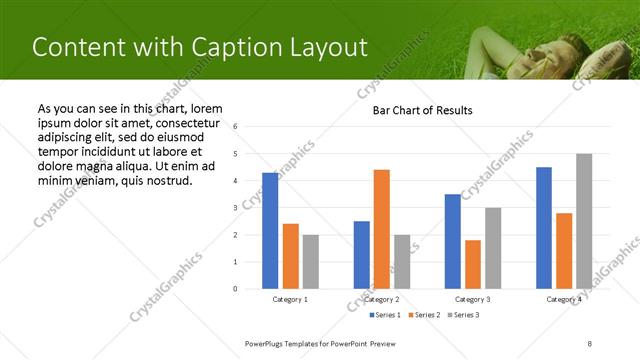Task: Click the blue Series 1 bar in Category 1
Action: pos(270,231)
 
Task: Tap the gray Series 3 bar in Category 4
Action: pos(584,221)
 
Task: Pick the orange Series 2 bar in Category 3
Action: pos(473,264)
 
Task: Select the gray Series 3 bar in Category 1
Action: pos(311,262)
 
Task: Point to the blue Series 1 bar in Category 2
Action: pos(362,255)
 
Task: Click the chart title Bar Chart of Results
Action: pos(422,110)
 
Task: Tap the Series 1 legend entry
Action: pos(385,315)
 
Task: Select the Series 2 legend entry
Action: pos(423,315)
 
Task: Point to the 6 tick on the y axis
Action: pos(234,127)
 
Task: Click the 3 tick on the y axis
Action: pos(234,208)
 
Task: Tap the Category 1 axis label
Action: pos(290,299)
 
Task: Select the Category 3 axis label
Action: pos(473,299)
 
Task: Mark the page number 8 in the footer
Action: pos(590,343)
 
